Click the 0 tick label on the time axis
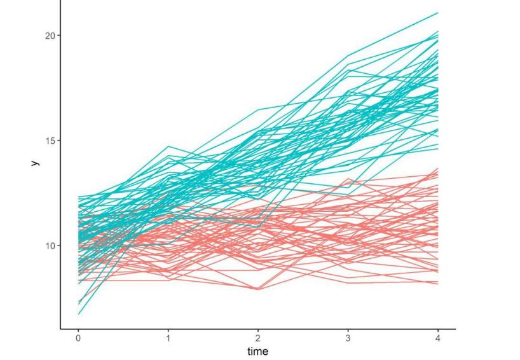(78, 338)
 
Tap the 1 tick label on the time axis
(168, 338)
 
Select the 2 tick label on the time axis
(258, 338)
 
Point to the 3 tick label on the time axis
(348, 338)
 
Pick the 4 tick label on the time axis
(438, 338)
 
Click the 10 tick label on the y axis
(48, 246)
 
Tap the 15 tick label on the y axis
(48, 141)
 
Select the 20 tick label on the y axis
(48, 36)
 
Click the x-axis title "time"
(258, 351)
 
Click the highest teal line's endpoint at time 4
(438, 13)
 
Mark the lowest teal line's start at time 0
(79, 314)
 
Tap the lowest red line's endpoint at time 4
(438, 284)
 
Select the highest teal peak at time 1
(168, 146)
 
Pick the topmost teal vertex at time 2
(258, 109)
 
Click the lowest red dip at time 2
(258, 289)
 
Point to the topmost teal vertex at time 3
(348, 55)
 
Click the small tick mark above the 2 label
(258, 331)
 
